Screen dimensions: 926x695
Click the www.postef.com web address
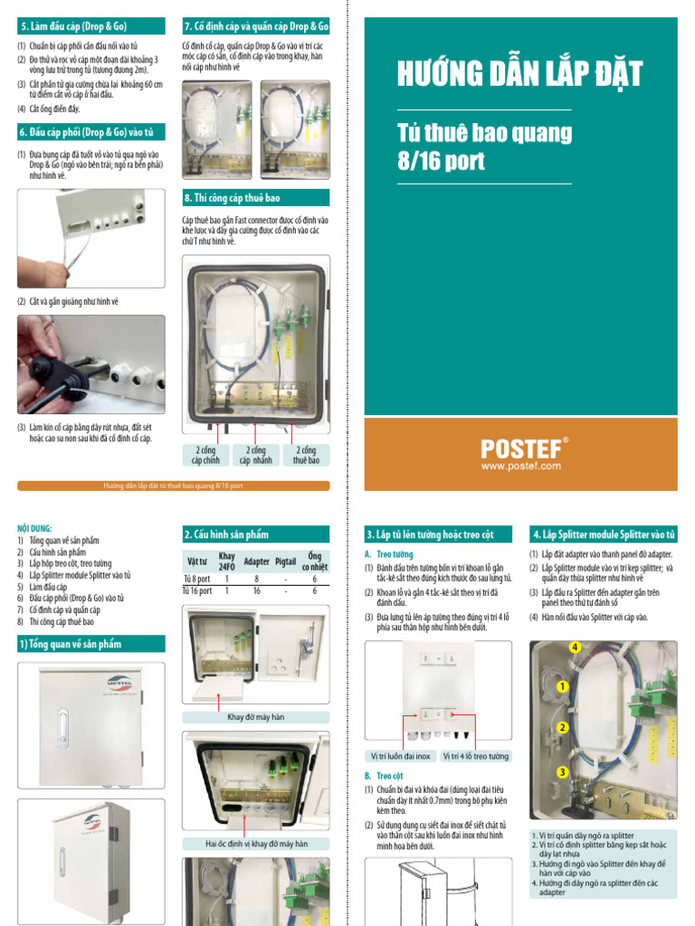[x=520, y=467]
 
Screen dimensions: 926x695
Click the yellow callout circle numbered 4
[x=573, y=647]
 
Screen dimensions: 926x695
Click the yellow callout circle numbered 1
[x=562, y=687]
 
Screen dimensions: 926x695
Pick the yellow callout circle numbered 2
[x=562, y=728]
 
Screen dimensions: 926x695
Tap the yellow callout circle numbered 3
[x=562, y=771]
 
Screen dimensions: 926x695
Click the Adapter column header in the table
[x=257, y=562]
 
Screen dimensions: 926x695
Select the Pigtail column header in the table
[x=286, y=562]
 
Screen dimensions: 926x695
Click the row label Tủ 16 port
[x=197, y=591]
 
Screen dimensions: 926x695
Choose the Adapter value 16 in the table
[x=257, y=591]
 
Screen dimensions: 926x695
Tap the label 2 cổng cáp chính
[x=206, y=455]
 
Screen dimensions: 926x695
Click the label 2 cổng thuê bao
[x=306, y=455]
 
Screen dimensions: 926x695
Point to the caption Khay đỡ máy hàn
[x=256, y=717]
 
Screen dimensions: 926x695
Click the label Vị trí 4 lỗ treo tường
[x=476, y=756]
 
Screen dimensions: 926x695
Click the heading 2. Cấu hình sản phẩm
[x=226, y=534]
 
